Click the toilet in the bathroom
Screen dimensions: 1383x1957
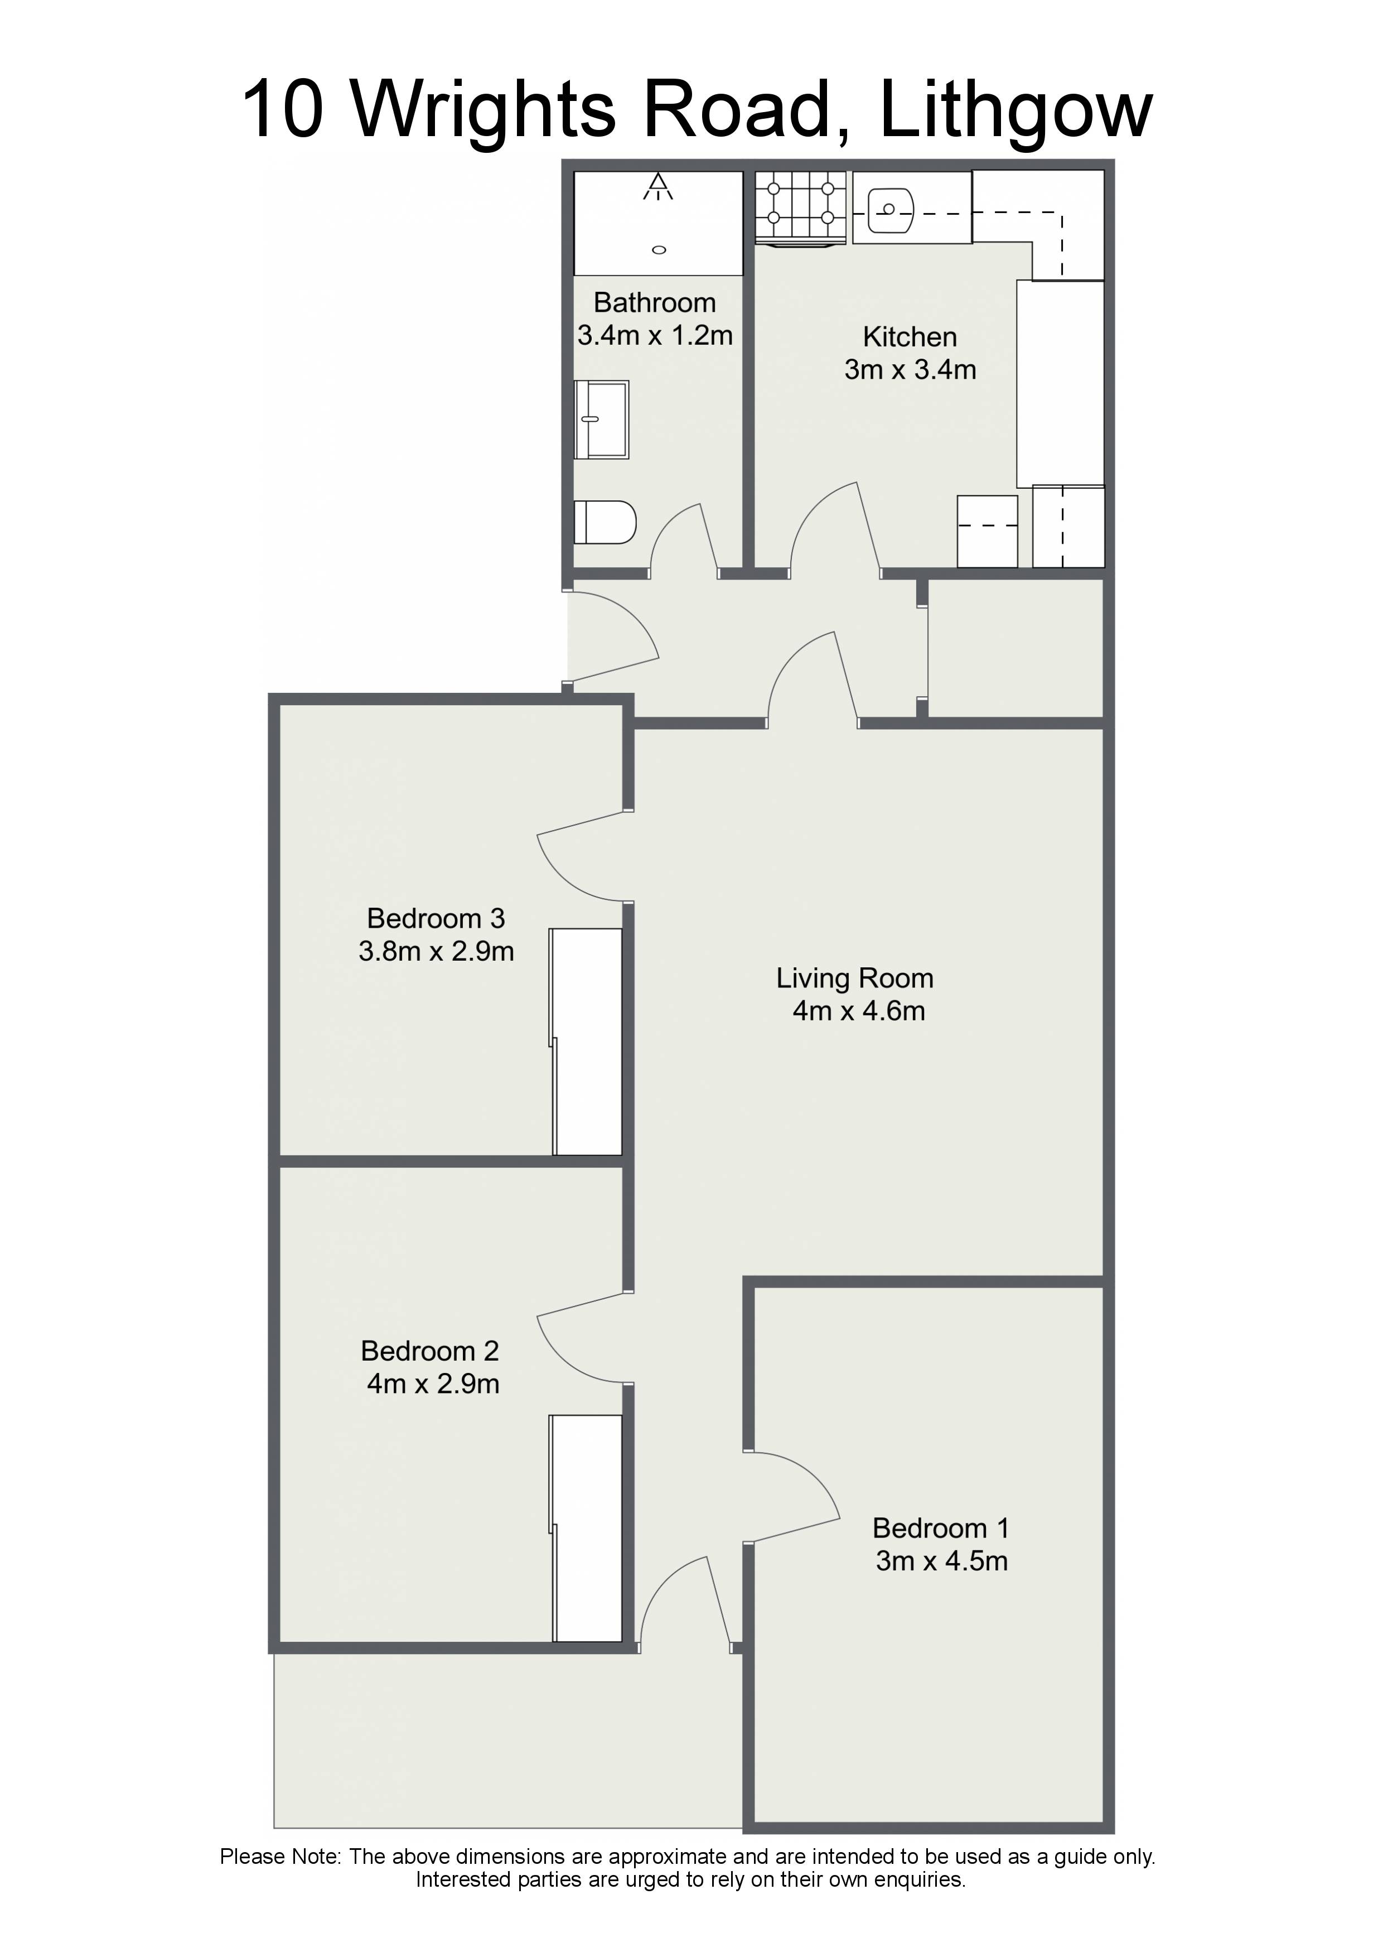605,522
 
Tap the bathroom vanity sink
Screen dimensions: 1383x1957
602,420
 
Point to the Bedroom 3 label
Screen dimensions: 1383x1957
436,918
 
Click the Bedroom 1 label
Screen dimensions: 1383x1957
941,1528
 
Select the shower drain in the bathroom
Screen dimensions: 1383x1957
659,250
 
